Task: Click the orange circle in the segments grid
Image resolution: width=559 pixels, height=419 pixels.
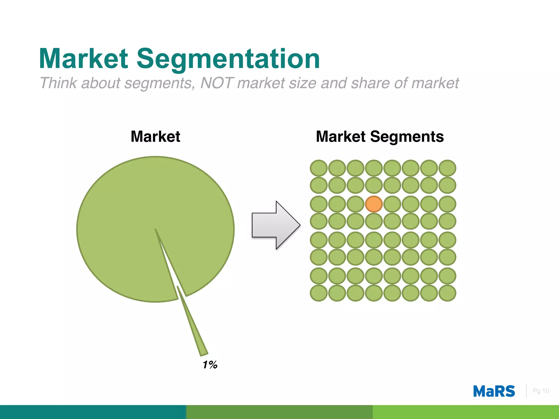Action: coord(374,204)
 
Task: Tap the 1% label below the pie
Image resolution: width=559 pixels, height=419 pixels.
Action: coord(210,365)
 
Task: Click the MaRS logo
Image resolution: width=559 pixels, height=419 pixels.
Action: coord(494,391)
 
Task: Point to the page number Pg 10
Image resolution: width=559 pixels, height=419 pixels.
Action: coord(541,391)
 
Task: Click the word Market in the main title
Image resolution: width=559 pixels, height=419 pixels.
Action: coord(83,59)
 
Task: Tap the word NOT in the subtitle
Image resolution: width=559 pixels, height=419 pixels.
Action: coord(217,83)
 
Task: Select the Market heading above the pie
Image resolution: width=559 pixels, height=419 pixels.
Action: coord(155,136)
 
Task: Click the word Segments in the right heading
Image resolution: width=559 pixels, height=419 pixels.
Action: coord(407,136)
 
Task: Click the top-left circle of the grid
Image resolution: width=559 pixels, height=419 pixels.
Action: coord(319,168)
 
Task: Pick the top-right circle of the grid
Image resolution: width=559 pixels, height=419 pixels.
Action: coord(447,168)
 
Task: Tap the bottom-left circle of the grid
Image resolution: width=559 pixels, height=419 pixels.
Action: coord(319,293)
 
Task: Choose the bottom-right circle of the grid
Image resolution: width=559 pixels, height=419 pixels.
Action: coord(447,293)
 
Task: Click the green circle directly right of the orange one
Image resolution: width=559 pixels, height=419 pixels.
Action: coord(392,204)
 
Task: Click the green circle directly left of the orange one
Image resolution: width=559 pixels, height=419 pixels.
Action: coord(355,204)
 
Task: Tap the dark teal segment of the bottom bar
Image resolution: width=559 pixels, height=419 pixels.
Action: coord(93,412)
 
